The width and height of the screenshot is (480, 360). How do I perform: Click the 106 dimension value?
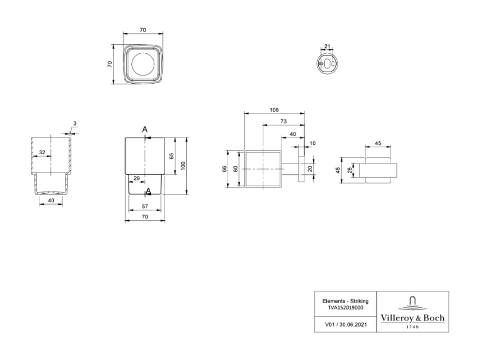pos(274,110)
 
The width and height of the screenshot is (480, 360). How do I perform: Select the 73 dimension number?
pos(283,122)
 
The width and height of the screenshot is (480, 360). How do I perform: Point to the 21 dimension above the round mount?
pos(327,46)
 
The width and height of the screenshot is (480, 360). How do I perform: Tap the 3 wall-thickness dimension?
pos(75,124)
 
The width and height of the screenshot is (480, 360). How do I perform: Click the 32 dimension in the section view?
pos(42,152)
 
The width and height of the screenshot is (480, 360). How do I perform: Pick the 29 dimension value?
pos(136,178)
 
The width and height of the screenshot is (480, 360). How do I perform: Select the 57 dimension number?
pos(145,206)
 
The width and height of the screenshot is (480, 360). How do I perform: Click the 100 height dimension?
pos(183,166)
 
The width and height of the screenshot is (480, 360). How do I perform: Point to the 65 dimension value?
pos(171,156)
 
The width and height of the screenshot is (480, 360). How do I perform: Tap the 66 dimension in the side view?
pos(224,169)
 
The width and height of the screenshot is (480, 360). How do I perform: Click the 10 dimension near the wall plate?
pos(312,143)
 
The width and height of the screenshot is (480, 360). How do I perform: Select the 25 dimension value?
pos(350,170)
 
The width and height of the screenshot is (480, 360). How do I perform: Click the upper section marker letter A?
pos(145,130)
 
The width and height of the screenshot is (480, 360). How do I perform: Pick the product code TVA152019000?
pos(346,308)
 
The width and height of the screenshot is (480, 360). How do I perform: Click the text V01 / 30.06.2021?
pos(346,324)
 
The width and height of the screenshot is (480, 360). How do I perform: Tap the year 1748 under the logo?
pos(412,327)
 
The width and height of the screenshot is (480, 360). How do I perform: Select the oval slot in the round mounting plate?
pos(327,64)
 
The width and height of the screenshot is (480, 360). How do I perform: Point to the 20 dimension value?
pos(310,169)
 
